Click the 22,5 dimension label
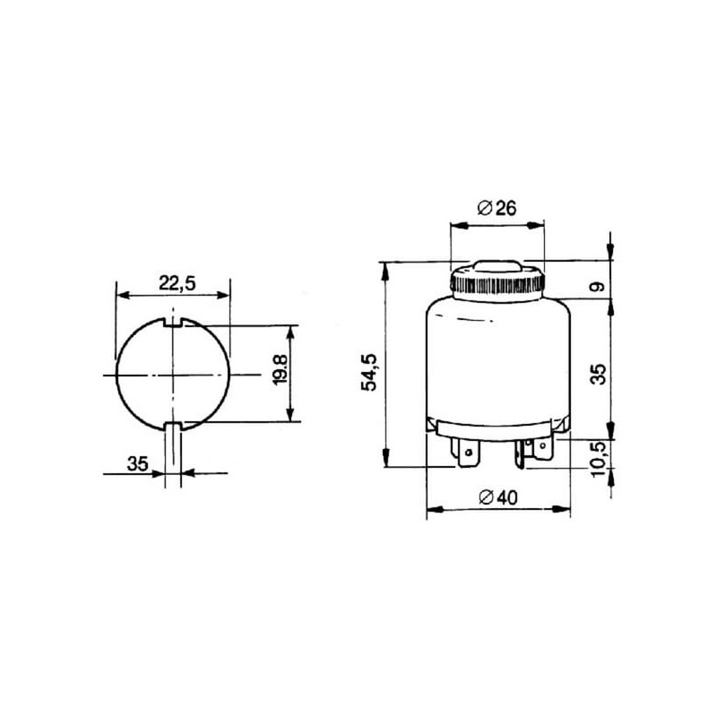177,283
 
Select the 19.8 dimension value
280,369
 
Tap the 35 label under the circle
138,463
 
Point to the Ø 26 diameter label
497,208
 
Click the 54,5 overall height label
369,372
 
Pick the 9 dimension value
597,287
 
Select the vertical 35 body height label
598,374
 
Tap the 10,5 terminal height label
598,459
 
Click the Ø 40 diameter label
498,497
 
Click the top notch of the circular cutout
173,322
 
